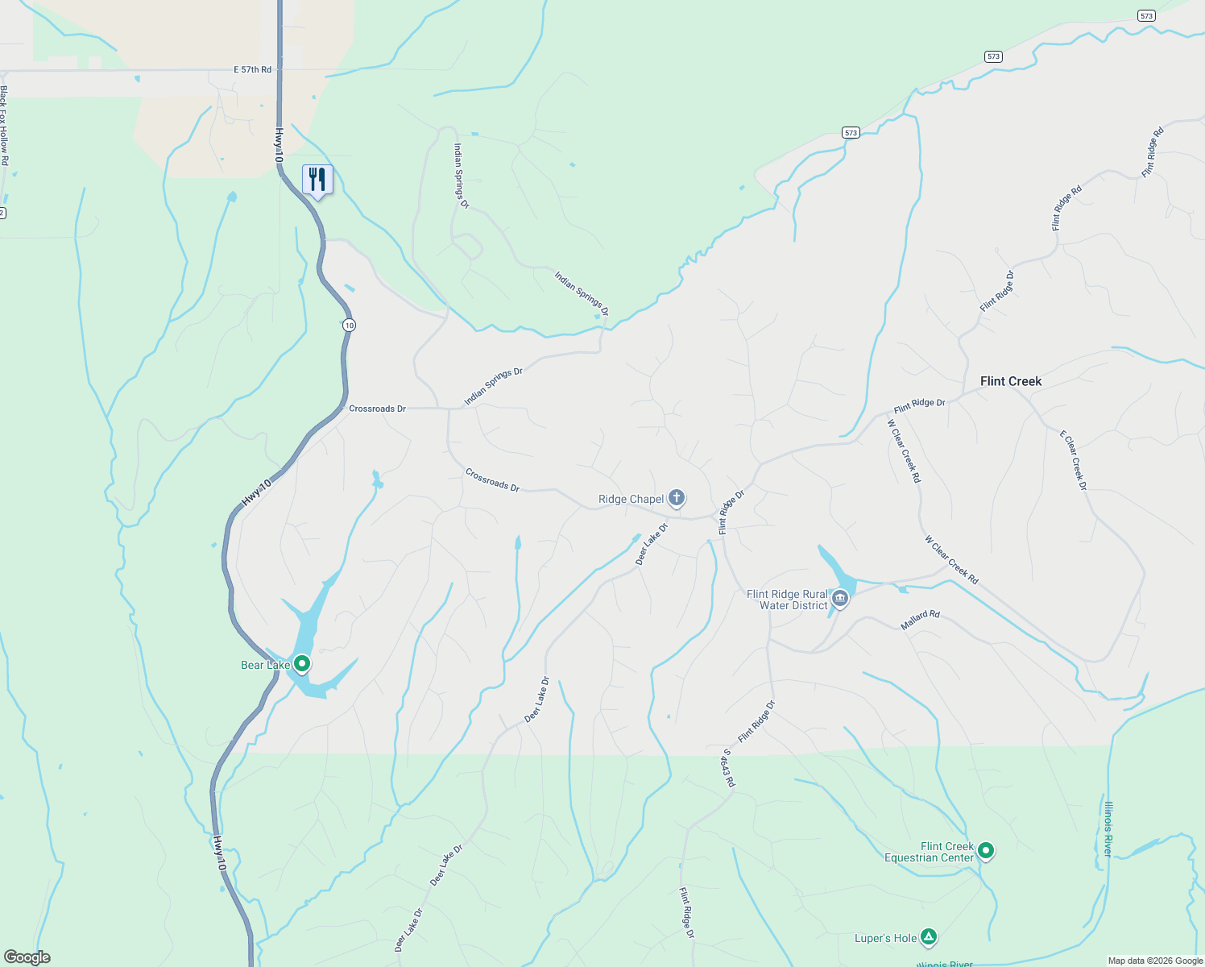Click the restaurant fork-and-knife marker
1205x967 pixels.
coord(317,180)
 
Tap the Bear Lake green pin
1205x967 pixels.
coord(302,664)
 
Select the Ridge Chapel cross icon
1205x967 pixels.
coord(677,498)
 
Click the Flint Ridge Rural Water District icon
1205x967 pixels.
coord(840,599)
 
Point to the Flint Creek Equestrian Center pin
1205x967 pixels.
coord(985,851)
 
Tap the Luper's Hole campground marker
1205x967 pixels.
coord(929,936)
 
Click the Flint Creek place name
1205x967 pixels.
coord(1011,381)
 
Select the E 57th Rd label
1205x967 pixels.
coord(253,70)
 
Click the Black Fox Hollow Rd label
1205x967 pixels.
coord(4,126)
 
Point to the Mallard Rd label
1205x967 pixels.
coord(921,620)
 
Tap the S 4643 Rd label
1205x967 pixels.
coord(729,768)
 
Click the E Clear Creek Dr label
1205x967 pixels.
coord(1074,460)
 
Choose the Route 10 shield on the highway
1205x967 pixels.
coord(348,325)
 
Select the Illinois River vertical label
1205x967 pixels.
coord(1109,828)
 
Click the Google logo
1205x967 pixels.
coord(27,957)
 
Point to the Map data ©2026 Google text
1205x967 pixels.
coord(1155,961)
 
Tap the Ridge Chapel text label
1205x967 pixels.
coord(631,500)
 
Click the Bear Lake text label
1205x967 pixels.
coord(265,665)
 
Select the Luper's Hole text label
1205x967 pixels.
coord(885,938)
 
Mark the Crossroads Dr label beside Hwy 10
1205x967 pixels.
coord(377,409)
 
